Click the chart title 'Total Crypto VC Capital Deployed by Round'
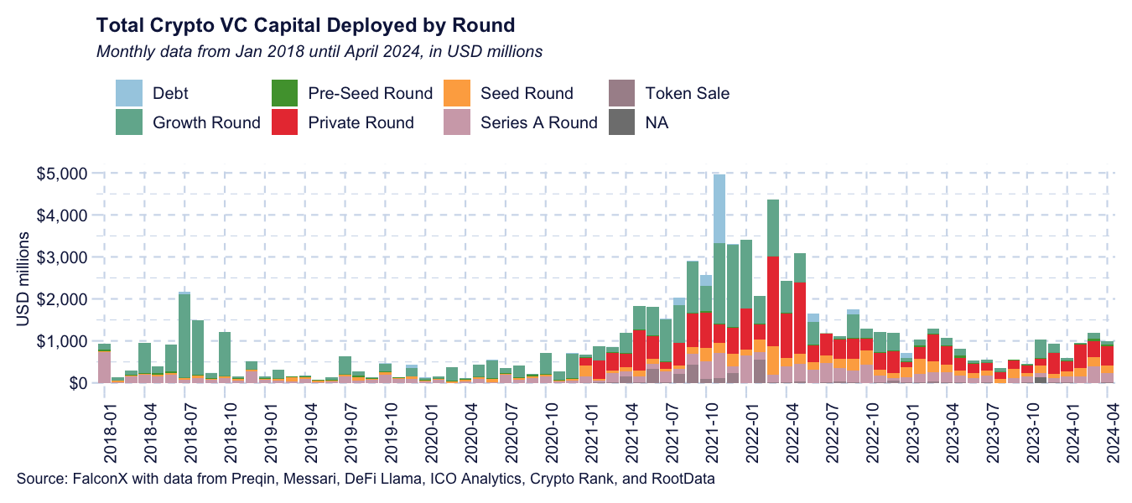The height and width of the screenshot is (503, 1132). pos(305,24)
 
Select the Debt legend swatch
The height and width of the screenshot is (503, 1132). pos(129,93)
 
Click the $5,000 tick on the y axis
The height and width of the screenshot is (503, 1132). pos(63,174)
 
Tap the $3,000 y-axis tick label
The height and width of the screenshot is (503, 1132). pos(63,257)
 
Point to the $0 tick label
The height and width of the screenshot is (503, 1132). pos(75,383)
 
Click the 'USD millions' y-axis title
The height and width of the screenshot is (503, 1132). pos(23,277)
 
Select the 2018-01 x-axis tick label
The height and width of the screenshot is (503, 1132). pos(110,431)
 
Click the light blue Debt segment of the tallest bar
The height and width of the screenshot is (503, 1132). pos(719,209)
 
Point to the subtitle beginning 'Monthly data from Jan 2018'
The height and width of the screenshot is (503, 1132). pos(319,52)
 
